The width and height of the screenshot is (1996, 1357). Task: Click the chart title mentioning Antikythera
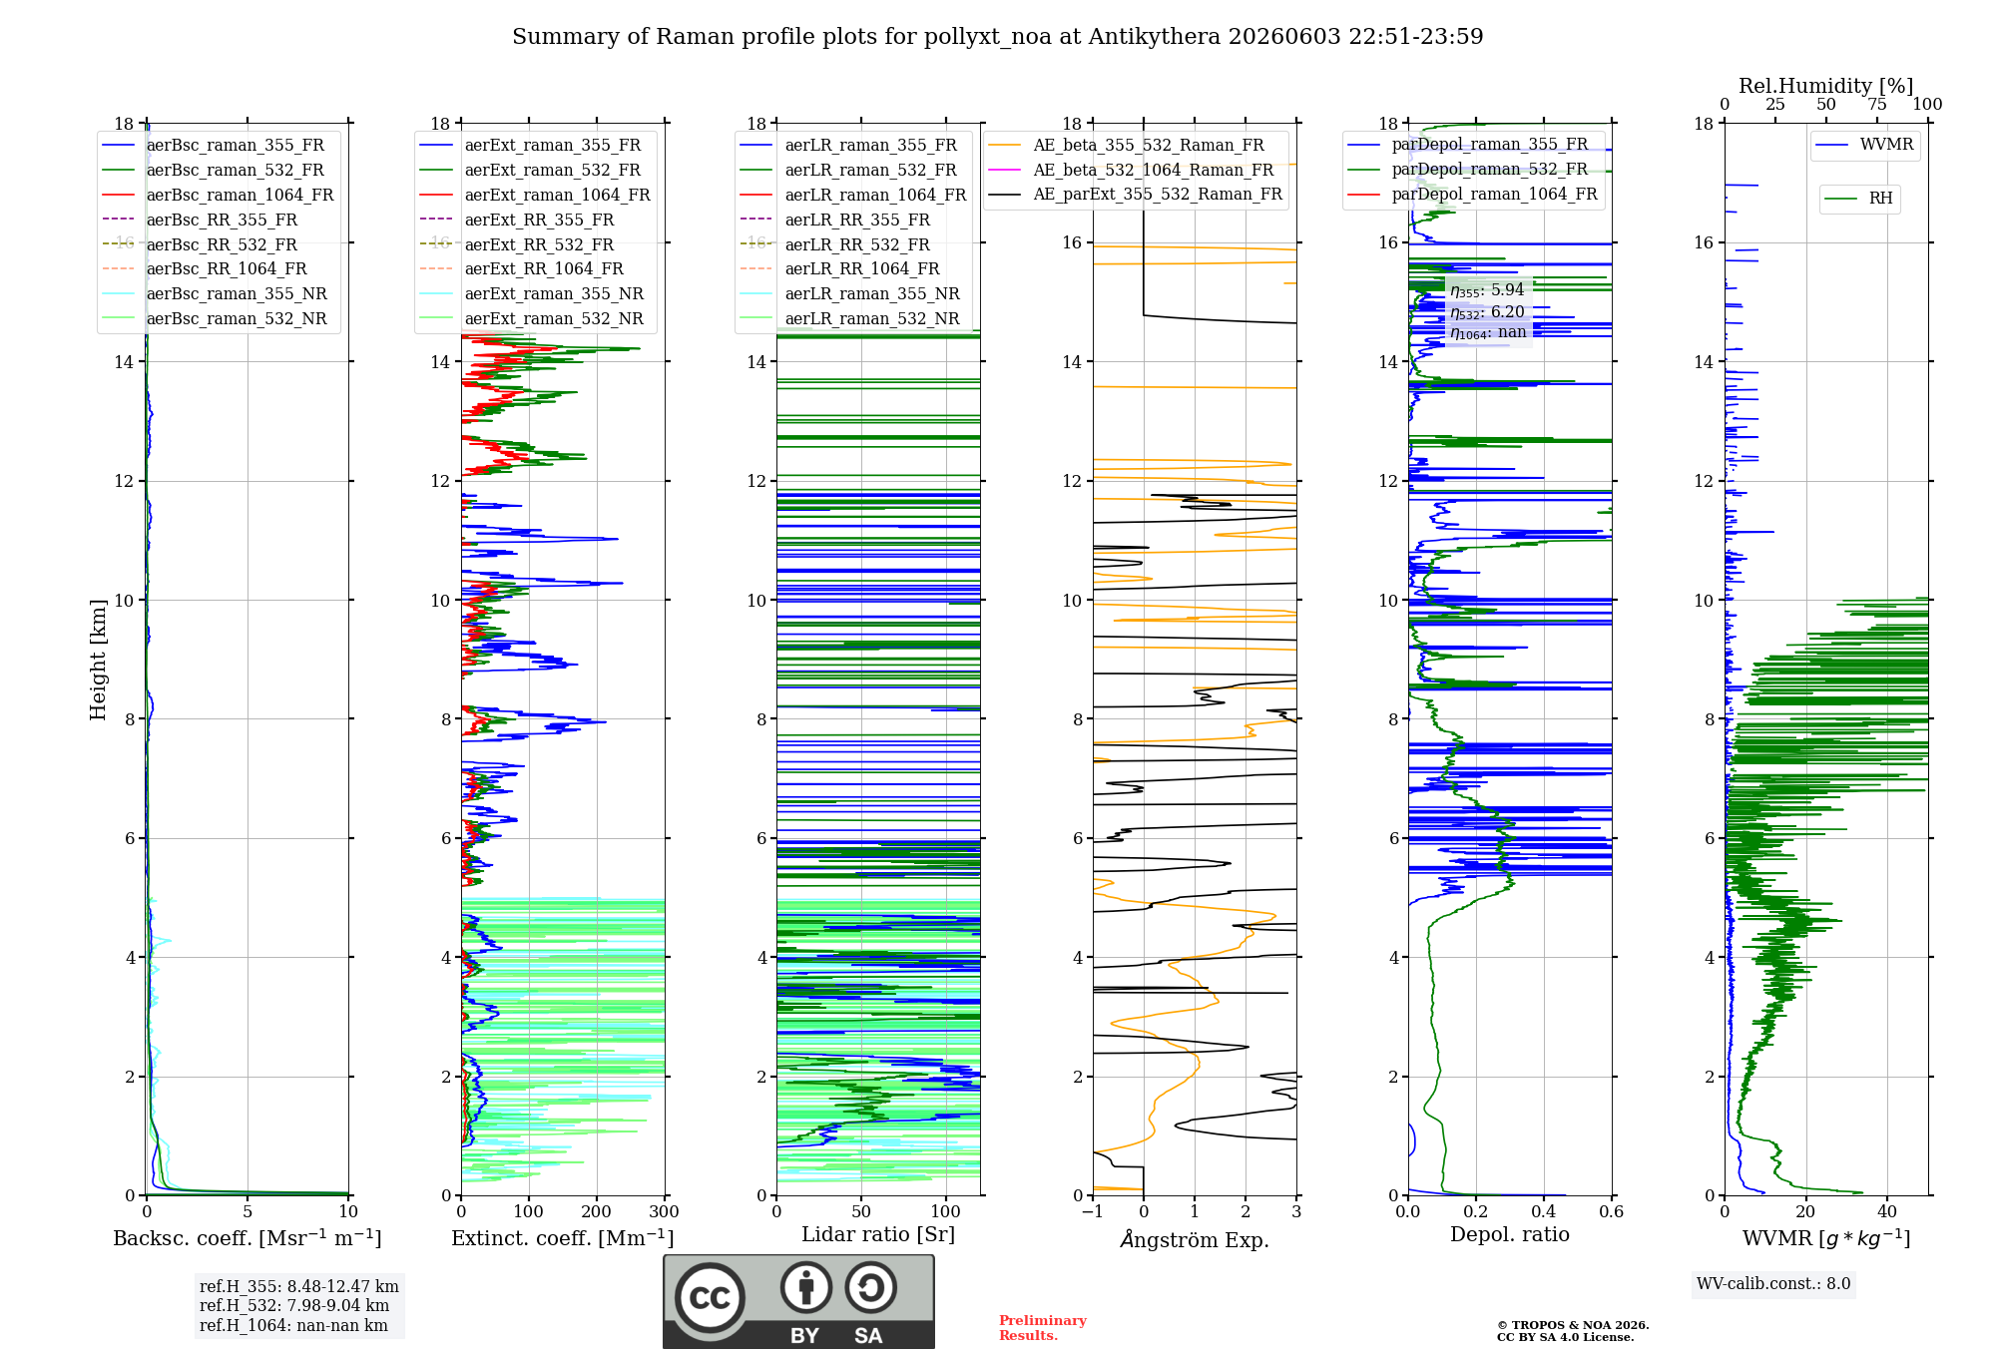coord(997,37)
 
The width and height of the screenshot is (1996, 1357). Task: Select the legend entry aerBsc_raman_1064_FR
coord(240,195)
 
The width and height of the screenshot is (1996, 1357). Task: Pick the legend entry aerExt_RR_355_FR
coord(539,220)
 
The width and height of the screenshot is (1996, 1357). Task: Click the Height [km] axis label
coord(98,660)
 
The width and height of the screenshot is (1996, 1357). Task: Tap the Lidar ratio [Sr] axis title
coord(878,1234)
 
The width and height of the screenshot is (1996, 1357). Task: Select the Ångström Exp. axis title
coord(1195,1239)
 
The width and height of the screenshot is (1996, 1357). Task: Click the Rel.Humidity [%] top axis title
coord(1826,86)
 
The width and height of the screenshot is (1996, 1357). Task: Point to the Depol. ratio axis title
coord(1510,1234)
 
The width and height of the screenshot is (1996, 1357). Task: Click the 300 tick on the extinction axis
coord(664,1211)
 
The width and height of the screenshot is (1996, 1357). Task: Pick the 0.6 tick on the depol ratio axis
coord(1611,1211)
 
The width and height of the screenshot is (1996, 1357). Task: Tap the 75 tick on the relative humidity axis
coord(1877,104)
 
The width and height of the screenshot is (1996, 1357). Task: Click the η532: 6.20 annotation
coord(1487,311)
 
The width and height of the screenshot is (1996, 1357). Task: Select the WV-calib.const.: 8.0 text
coord(1773,1284)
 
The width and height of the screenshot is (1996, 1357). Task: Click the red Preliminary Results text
coord(1043,1328)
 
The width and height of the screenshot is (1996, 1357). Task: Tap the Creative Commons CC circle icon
coord(710,1298)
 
